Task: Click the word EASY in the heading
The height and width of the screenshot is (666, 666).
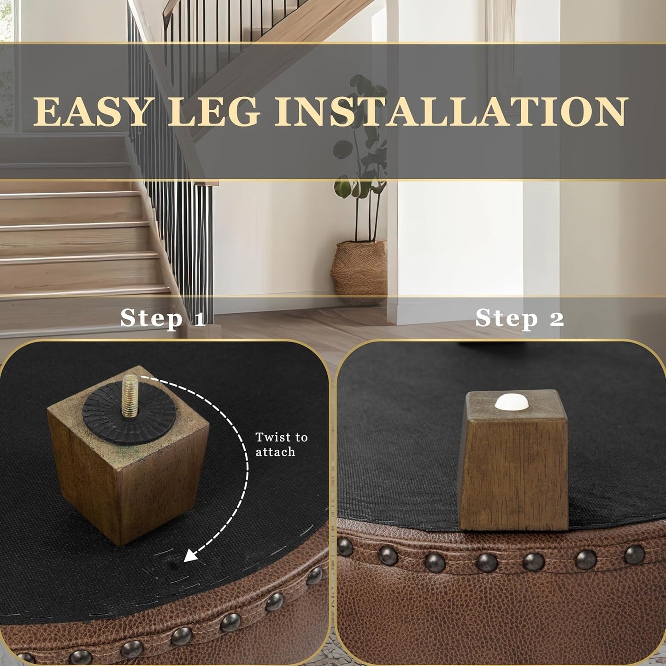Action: pyautogui.click(x=91, y=112)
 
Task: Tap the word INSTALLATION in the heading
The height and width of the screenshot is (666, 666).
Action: pyautogui.click(x=452, y=112)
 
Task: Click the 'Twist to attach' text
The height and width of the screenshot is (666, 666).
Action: pyautogui.click(x=281, y=444)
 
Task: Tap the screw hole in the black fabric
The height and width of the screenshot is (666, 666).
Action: pyautogui.click(x=173, y=563)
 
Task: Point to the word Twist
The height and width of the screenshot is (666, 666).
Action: pyautogui.click(x=272, y=437)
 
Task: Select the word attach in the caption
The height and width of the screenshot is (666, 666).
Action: pyautogui.click(x=275, y=452)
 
